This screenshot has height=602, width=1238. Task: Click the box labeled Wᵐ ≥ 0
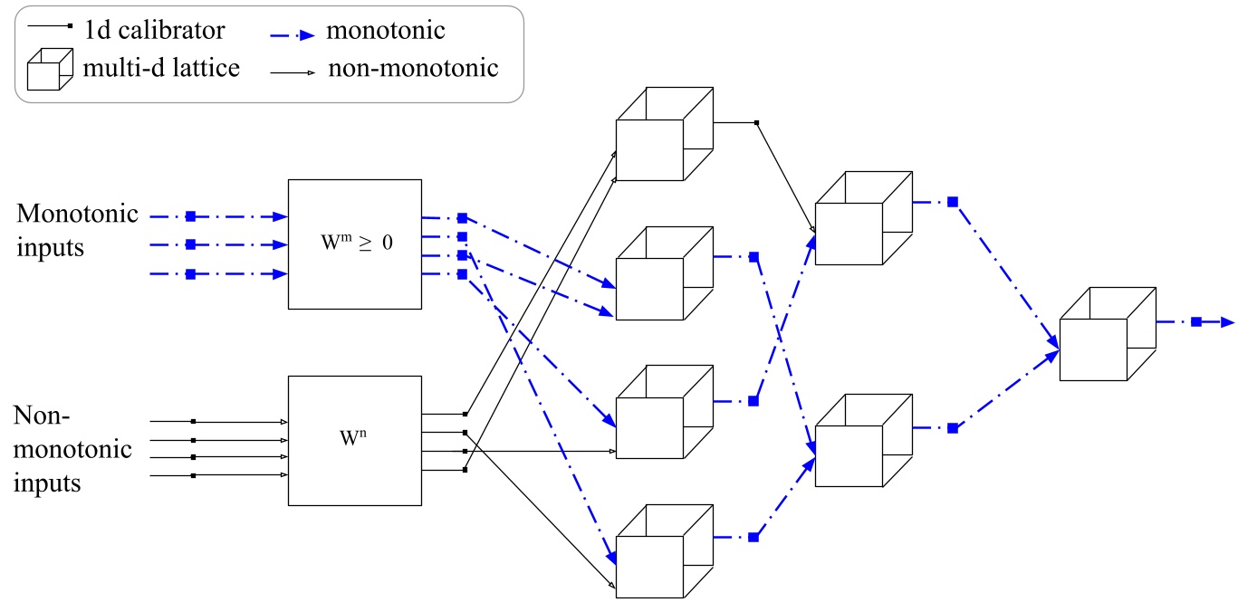coord(354,244)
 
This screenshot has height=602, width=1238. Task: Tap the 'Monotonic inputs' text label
coord(77,230)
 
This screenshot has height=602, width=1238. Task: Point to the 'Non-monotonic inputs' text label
coord(72,449)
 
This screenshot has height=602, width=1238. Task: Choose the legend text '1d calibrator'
coord(155,31)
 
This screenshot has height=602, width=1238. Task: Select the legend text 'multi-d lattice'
coord(160,68)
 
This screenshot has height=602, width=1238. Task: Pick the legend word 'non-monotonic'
coord(412,68)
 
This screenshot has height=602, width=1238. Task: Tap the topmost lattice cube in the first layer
coord(663,136)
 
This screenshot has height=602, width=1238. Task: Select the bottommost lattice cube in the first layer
coord(663,551)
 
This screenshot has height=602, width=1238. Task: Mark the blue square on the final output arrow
coord(1196,321)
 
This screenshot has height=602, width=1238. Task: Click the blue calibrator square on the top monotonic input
coord(190,216)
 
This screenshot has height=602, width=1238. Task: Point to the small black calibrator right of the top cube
coord(756,122)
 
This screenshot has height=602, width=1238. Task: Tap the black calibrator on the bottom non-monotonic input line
coord(193,474)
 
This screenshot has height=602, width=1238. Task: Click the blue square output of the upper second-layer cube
coord(952,202)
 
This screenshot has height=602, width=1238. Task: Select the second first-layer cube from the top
coord(663,274)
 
